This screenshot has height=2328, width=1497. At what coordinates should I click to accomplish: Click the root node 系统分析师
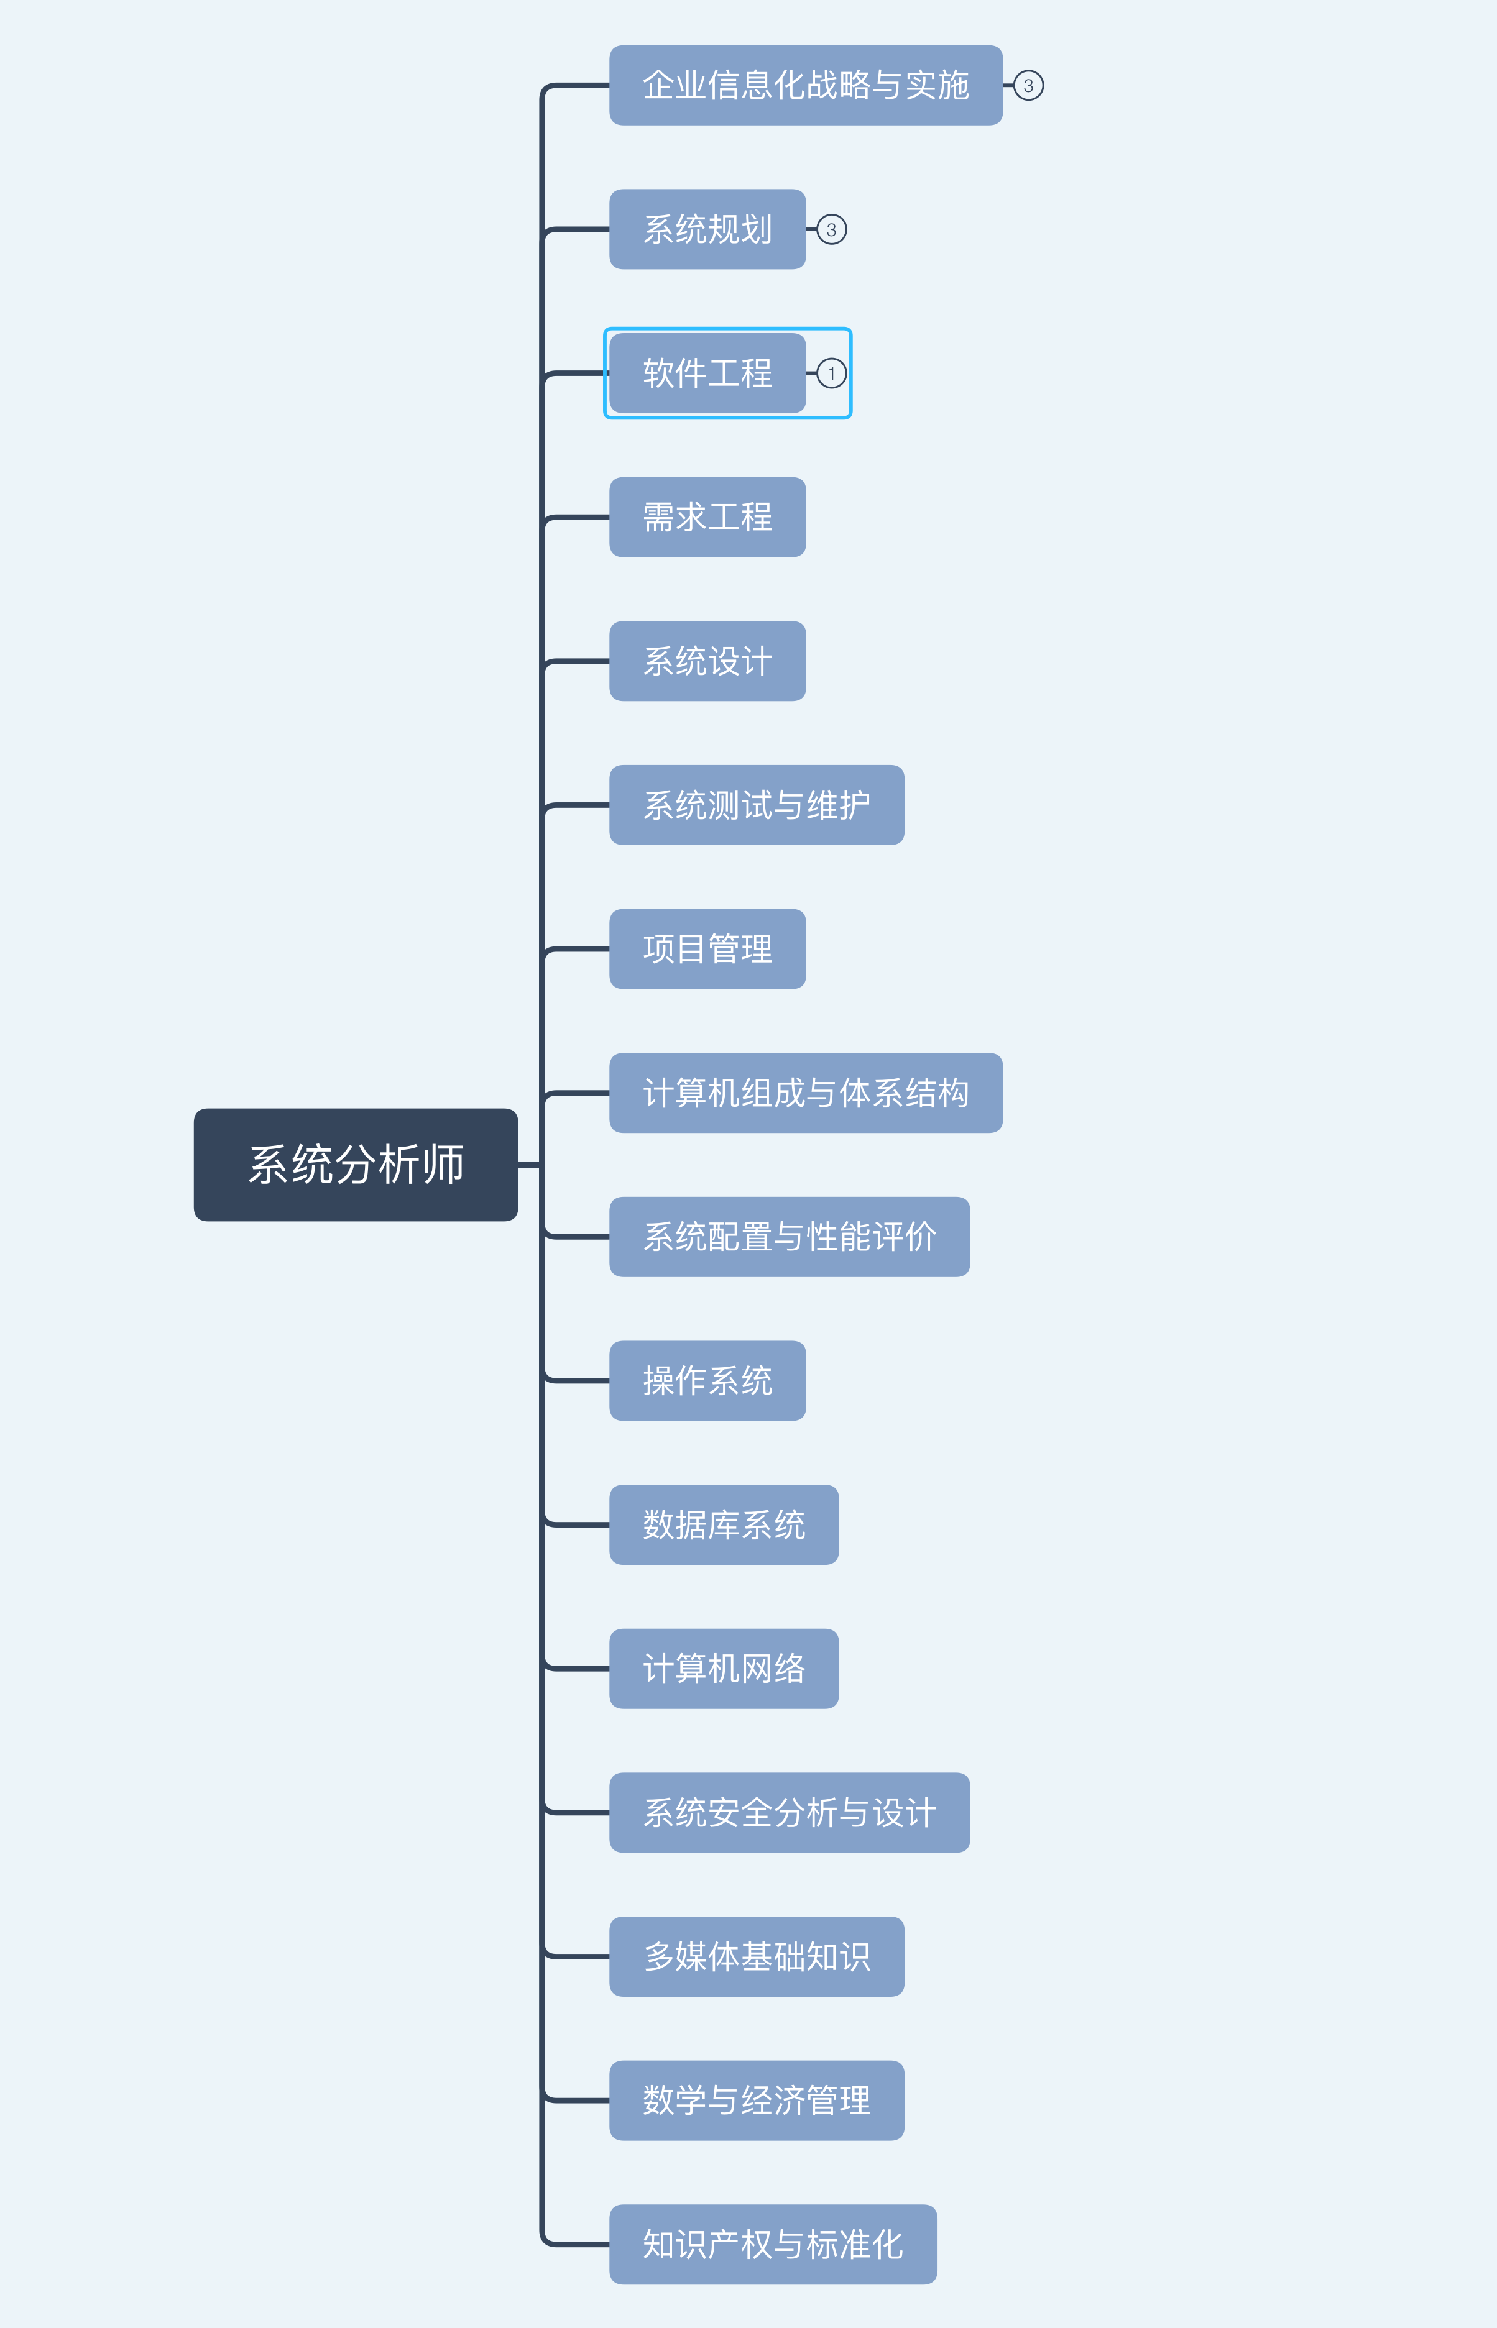(x=356, y=1164)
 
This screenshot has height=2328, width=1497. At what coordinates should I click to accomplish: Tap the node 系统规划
(x=707, y=229)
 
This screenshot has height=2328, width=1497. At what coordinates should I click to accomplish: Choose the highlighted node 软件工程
(x=707, y=373)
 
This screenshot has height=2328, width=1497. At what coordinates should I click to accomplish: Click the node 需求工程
(x=707, y=517)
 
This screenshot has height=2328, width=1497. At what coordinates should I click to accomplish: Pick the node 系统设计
(x=707, y=661)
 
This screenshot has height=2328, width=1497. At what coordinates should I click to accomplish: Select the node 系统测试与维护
(x=757, y=805)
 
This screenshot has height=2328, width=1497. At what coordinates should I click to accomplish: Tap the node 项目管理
(x=707, y=948)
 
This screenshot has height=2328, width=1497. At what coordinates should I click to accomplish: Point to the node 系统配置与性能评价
(x=790, y=1237)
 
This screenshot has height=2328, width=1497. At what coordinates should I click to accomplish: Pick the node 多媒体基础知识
(x=757, y=1956)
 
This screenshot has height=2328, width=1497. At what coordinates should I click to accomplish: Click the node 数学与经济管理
(x=757, y=2100)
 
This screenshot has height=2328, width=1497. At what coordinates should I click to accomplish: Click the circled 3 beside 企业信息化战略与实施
(x=1028, y=86)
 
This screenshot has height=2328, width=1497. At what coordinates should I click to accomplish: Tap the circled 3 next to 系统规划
(x=831, y=229)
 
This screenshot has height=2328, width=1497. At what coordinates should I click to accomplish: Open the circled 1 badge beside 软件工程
(x=831, y=373)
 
